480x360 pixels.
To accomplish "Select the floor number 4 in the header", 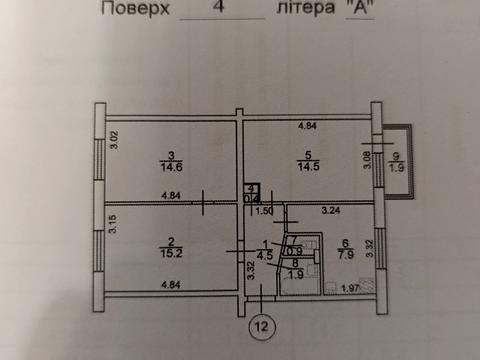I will click(218, 9).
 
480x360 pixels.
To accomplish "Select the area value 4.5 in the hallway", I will click(264, 254).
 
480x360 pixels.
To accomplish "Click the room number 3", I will click(172, 156).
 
